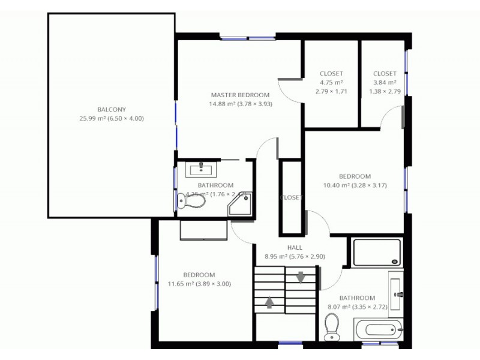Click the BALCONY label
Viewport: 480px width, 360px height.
112,109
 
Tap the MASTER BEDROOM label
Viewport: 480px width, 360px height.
240,95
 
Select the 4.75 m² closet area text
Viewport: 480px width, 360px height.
331,83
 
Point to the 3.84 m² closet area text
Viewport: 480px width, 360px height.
385,83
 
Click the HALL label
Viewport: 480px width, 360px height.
295,247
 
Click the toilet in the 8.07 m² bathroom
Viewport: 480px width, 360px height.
332,326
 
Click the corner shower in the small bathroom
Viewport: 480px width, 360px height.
241,205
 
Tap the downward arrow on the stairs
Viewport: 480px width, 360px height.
300,277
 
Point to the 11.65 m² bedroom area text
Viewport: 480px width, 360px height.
199,284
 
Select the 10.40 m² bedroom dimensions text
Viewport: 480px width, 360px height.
355,185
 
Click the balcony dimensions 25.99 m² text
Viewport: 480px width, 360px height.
112,118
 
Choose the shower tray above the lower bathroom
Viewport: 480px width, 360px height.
376,253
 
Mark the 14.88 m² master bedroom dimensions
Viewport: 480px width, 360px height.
240,104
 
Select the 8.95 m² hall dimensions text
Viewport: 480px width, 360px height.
295,256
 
